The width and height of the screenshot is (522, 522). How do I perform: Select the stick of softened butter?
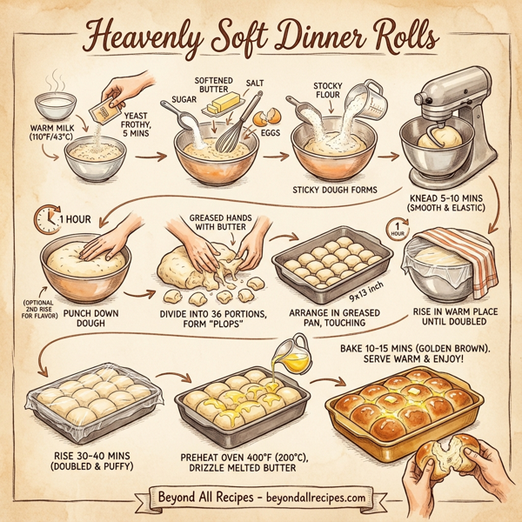coord(221,108)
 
